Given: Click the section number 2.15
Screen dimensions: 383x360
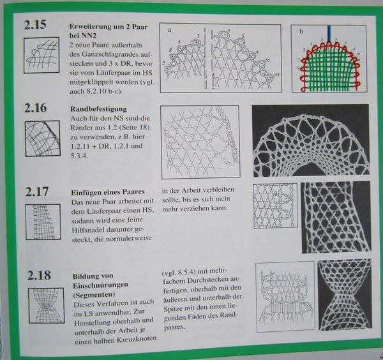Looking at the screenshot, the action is (x=35, y=25).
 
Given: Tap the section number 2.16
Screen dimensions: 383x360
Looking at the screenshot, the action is (x=35, y=108).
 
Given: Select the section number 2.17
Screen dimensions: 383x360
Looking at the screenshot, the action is (x=36, y=191).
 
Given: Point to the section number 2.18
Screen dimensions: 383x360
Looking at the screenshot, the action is (x=39, y=275).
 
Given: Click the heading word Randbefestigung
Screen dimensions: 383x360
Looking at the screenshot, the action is (x=98, y=109).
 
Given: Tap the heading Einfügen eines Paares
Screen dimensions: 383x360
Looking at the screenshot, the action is (x=108, y=192).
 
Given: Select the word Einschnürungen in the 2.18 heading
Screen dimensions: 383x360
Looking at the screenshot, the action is (x=100, y=285).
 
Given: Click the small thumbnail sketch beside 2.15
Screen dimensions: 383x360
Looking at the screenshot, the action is (x=41, y=55).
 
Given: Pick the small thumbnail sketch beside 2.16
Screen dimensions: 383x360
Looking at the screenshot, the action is (x=43, y=139).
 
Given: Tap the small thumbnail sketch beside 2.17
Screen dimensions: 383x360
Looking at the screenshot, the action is (x=43, y=221).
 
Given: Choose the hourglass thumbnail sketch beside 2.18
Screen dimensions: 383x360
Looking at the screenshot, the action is (x=47, y=306).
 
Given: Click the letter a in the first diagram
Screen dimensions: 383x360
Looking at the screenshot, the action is (x=170, y=30).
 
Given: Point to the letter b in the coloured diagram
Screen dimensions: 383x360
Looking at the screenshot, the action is (x=301, y=31).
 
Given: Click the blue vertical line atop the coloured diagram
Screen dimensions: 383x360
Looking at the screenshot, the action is (x=329, y=34).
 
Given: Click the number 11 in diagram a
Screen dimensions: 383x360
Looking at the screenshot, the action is (x=276, y=75).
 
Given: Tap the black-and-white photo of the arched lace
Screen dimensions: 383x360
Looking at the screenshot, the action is (x=311, y=140).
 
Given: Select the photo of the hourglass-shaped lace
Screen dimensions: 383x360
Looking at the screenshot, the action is (x=345, y=295).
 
